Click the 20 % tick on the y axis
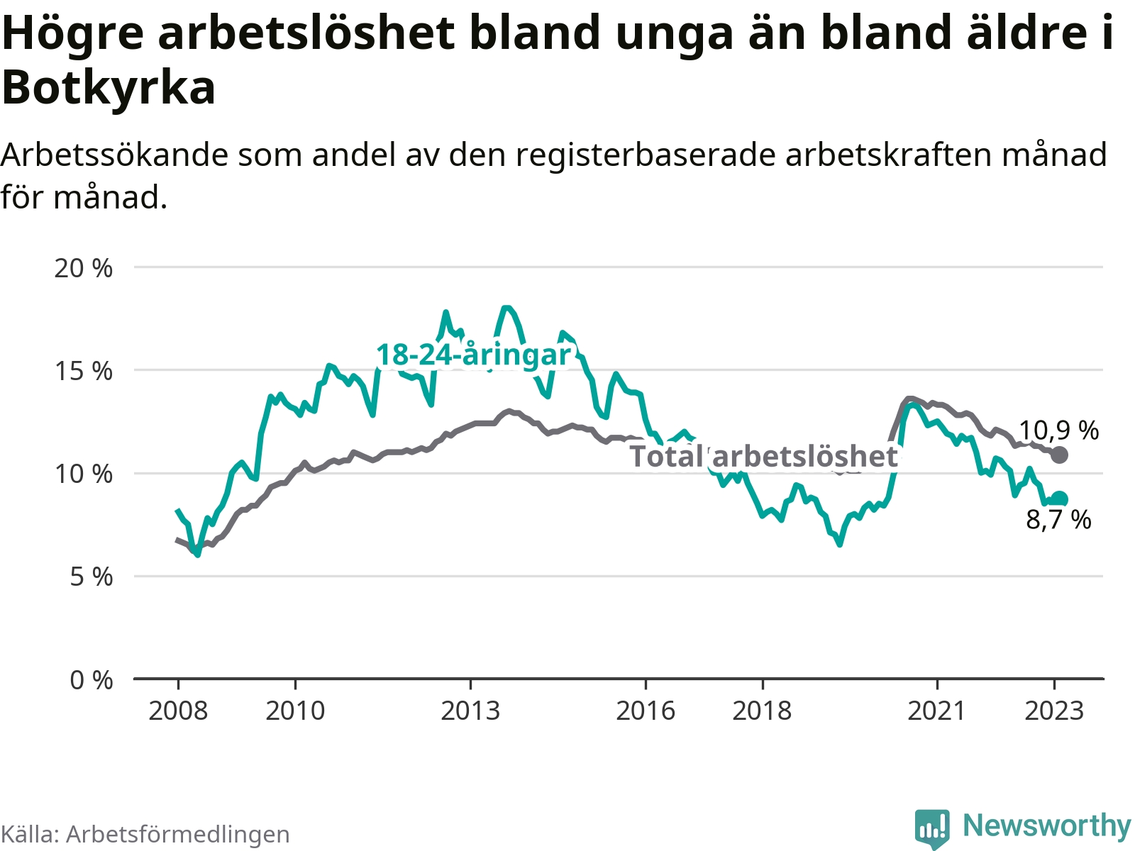click(84, 268)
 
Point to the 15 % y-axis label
click(84, 371)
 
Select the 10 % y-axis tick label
click(84, 474)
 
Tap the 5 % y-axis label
click(91, 577)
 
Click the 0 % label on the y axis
click(91, 680)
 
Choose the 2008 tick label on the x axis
click(178, 711)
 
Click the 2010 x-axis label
click(295, 711)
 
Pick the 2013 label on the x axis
click(470, 711)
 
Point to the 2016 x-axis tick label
click(646, 711)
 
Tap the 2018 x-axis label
click(762, 711)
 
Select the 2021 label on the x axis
click(937, 711)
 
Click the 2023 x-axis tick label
click(1054, 711)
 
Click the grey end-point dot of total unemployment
click(1059, 455)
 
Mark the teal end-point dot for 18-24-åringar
click(1059, 499)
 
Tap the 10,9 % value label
click(1058, 430)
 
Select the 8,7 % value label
click(1058, 520)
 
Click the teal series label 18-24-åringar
click(473, 355)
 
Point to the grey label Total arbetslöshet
click(763, 457)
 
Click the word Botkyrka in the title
click(109, 88)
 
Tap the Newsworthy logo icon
click(931, 828)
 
